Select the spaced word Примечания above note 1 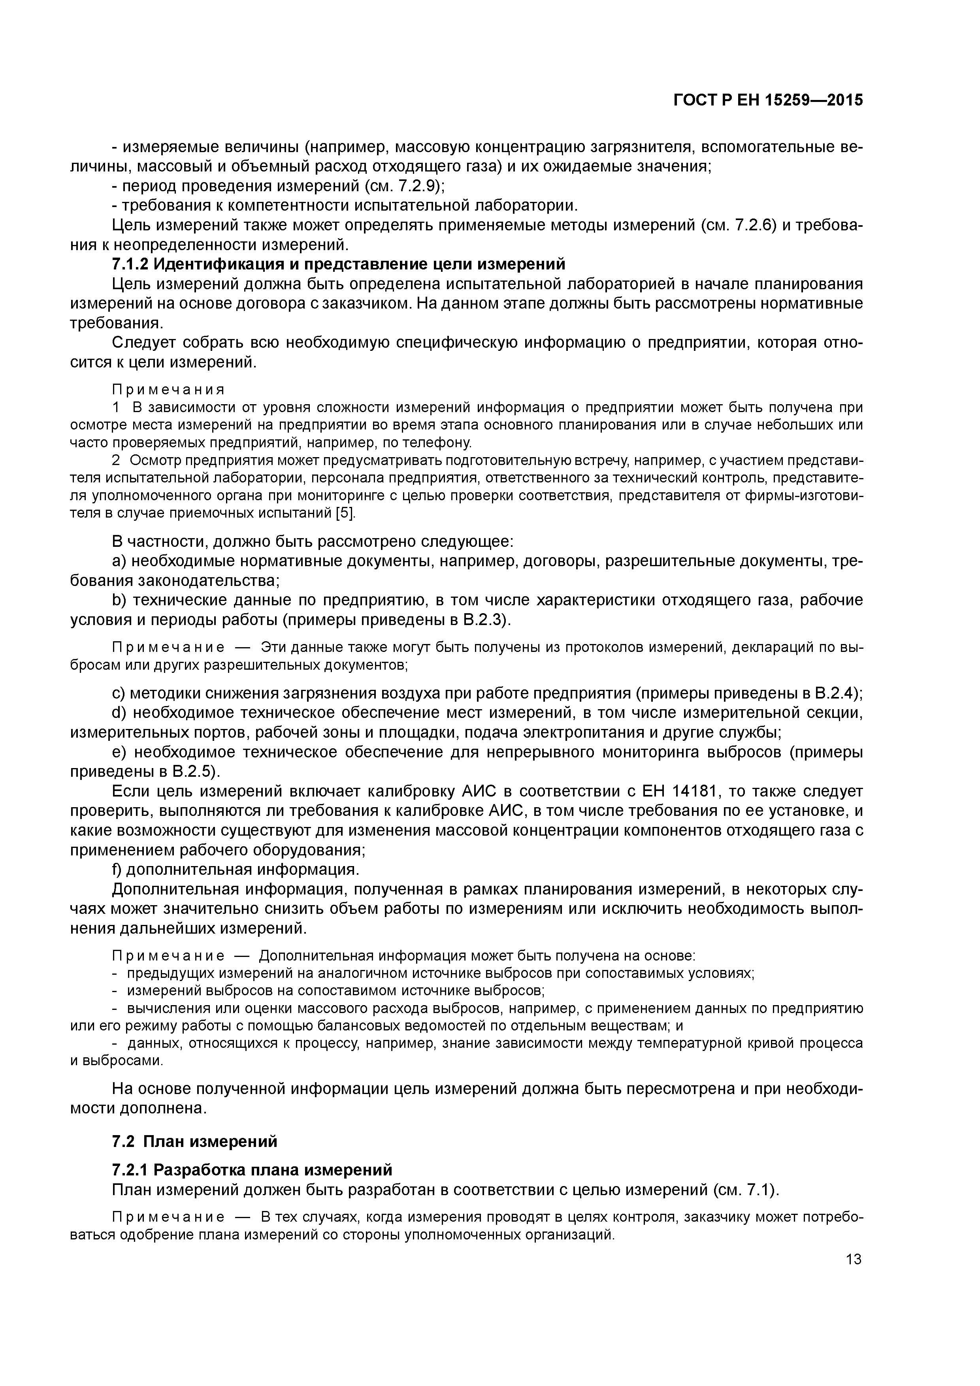tap(168, 389)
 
